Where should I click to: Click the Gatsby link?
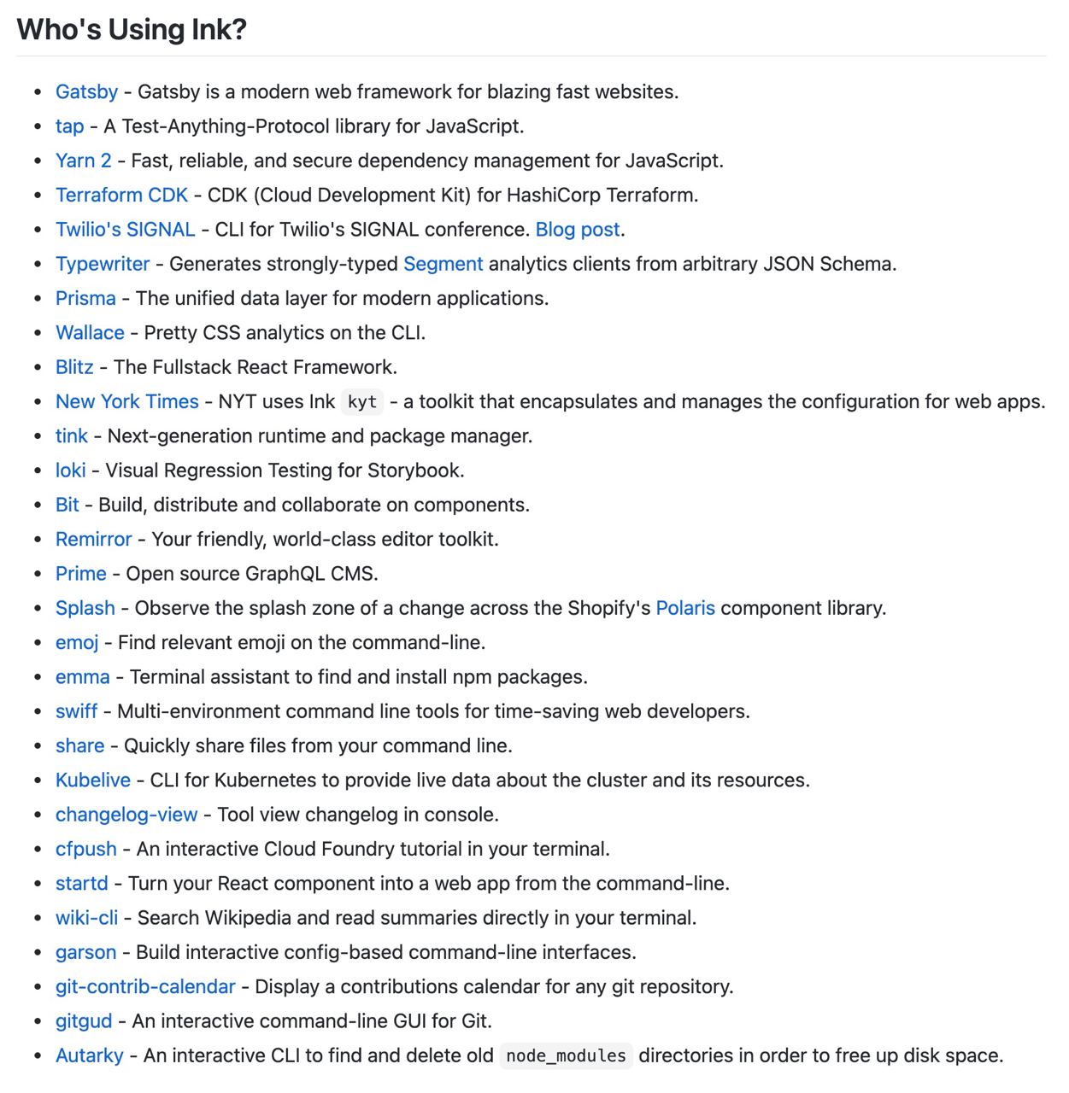86,92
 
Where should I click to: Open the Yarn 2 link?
83,161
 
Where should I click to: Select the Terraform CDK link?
121,195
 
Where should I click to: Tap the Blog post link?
578,230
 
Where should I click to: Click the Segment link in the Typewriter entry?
443,264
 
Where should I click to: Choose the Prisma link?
85,298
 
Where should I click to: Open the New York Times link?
126,401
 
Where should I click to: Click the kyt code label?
362,402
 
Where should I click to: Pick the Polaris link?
685,608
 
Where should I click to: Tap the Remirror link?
93,539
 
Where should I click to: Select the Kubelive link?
92,780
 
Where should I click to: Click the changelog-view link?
126,815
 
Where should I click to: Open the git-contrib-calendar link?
145,986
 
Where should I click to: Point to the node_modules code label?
566,1056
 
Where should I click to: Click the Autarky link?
89,1055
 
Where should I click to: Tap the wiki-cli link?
86,918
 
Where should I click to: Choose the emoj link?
77,642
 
